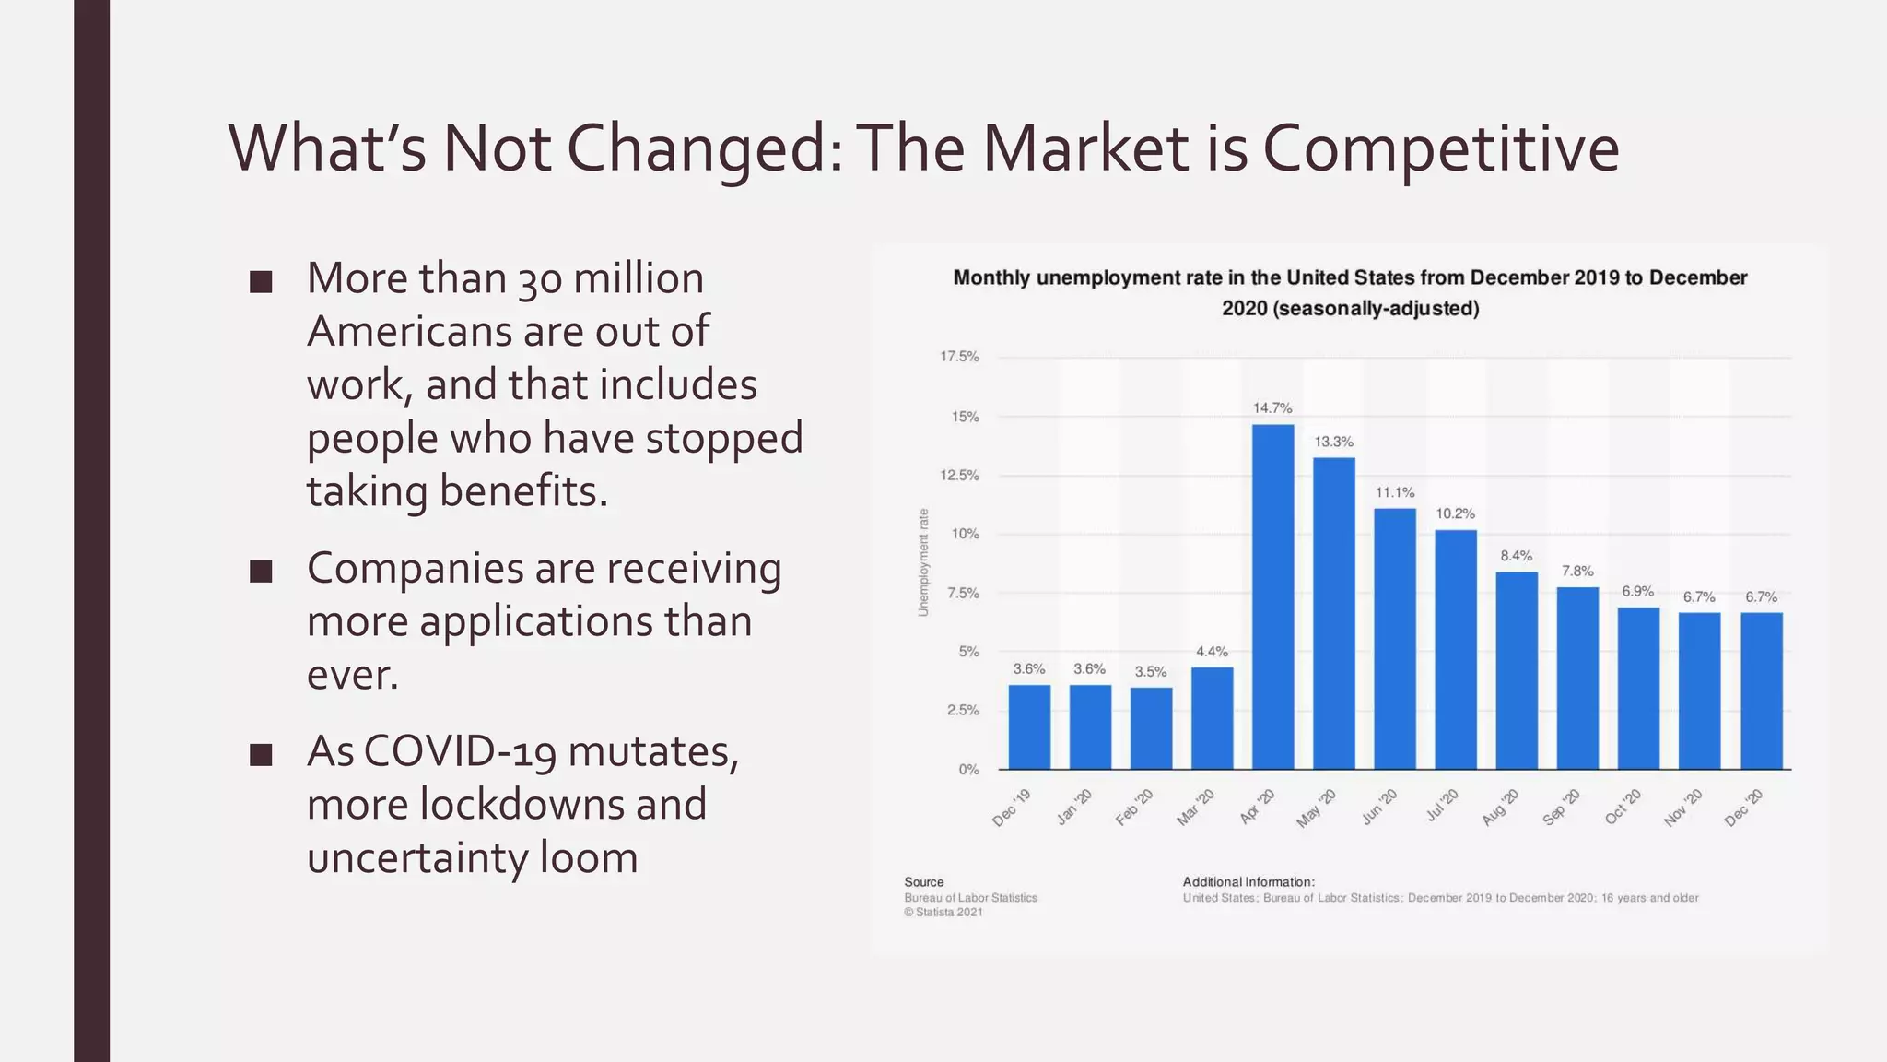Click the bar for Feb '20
(1151, 727)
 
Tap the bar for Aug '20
(1517, 670)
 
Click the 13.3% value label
(1333, 442)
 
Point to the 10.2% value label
(1455, 513)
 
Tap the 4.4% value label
(1212, 651)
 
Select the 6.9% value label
(1637, 591)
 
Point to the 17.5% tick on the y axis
(959, 357)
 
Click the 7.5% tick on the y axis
(963, 593)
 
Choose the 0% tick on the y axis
(968, 769)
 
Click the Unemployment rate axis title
(923, 562)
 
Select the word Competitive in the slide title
(1440, 148)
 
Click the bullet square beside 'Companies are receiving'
(261, 572)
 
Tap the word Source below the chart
(923, 882)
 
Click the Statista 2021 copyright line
(943, 913)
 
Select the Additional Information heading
(1248, 882)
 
